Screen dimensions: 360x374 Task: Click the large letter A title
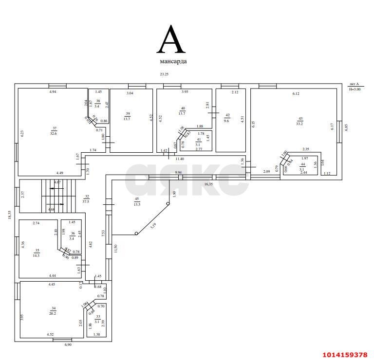pos(171,40)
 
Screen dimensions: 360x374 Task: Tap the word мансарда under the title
pos(173,62)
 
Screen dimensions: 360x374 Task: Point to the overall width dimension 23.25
pos(165,74)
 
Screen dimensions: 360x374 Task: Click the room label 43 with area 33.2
pos(300,121)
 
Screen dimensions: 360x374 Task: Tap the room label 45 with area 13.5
pos(136,202)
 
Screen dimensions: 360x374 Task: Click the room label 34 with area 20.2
pos(54,311)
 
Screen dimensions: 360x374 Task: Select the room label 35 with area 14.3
pos(37,252)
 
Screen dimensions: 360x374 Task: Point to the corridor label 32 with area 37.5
pos(86,198)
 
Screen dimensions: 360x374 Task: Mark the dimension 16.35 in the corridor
pos(208,184)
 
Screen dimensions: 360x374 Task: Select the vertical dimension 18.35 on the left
pos(9,215)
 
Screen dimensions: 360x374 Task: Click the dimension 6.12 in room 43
pos(296,94)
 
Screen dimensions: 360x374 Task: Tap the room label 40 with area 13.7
pos(183,110)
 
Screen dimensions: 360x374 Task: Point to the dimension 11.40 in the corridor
pos(180,159)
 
